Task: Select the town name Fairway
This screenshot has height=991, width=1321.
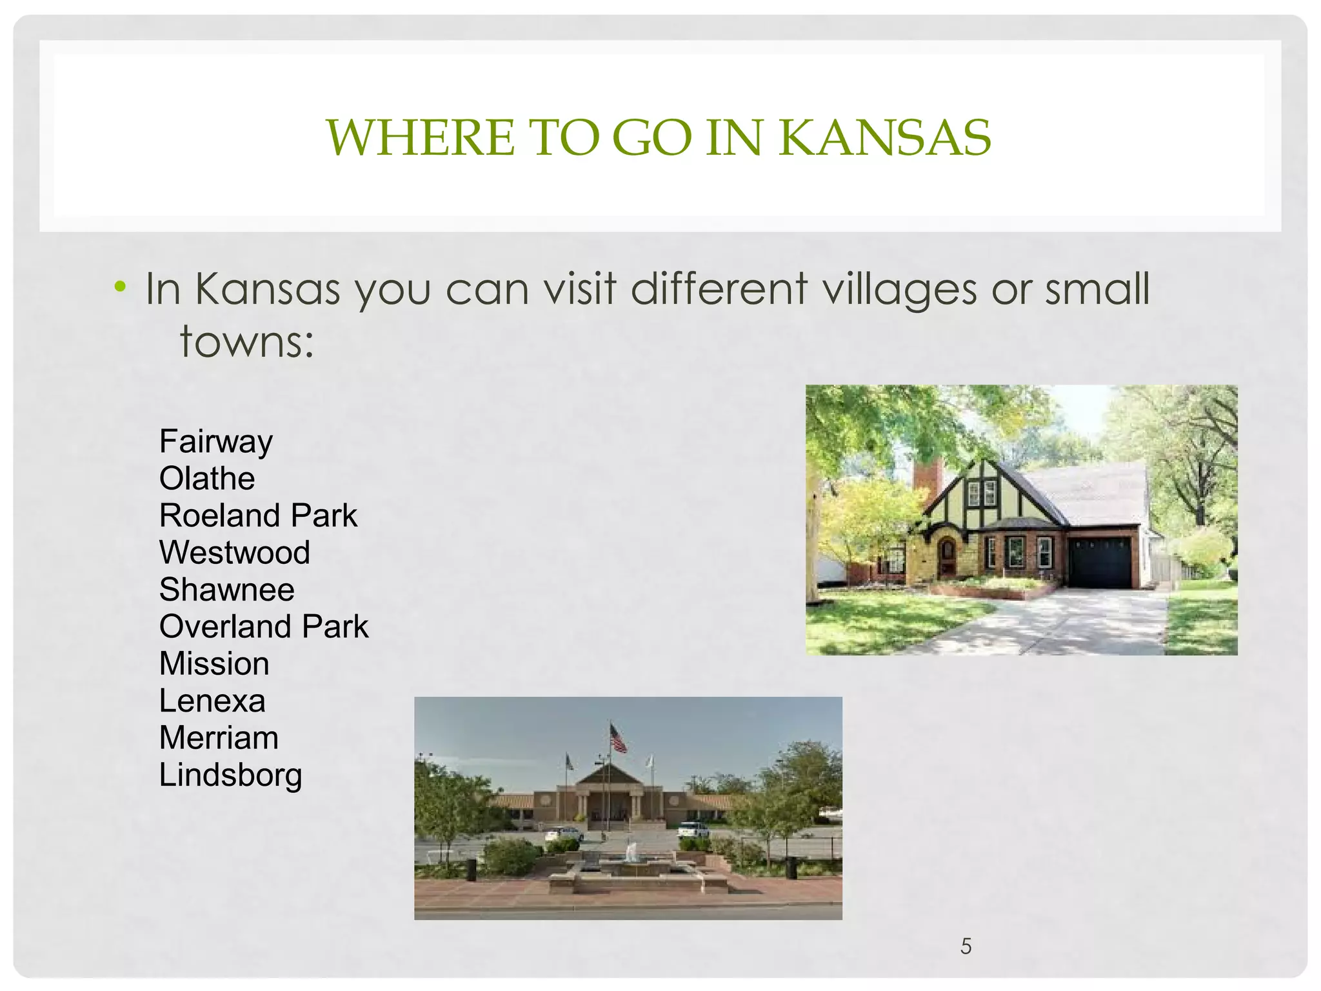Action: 216,443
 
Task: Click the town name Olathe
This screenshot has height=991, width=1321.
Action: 207,479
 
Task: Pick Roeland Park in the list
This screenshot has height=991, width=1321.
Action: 258,516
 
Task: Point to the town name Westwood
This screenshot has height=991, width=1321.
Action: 235,553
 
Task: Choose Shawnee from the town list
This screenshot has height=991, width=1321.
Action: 227,590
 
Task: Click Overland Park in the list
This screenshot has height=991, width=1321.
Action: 264,626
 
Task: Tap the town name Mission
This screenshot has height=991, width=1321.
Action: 214,664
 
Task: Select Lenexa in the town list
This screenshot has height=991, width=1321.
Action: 212,701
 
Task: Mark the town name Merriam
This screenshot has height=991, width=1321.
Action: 219,738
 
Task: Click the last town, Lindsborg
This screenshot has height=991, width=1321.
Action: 230,776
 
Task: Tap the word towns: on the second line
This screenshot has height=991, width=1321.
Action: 246,341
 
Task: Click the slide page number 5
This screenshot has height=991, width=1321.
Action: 966,946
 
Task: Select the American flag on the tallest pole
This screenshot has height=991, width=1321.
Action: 618,738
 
